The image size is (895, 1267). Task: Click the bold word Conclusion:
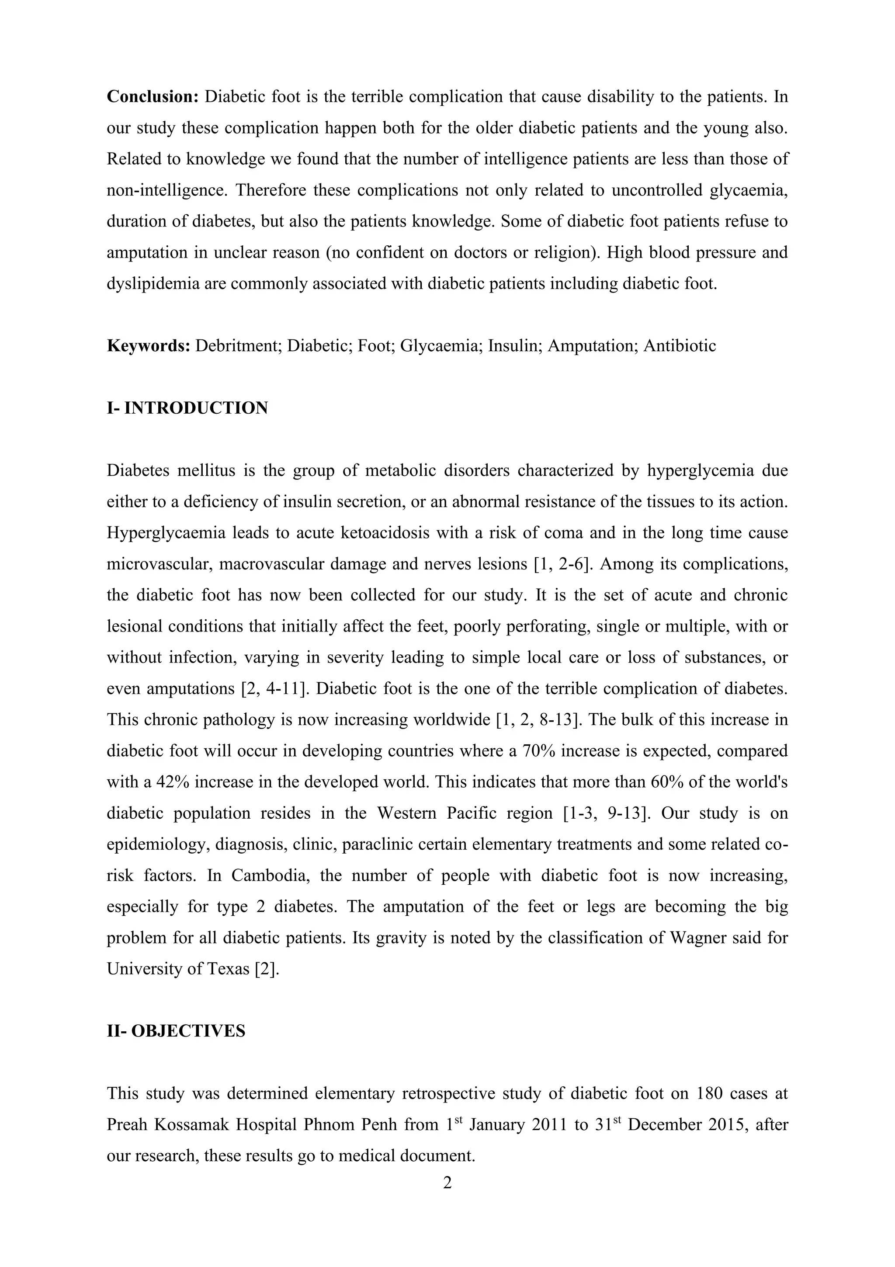pos(152,97)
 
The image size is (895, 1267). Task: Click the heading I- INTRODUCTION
pos(187,408)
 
